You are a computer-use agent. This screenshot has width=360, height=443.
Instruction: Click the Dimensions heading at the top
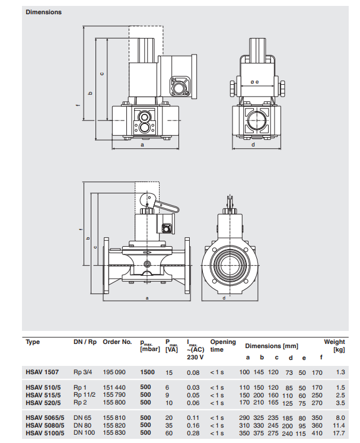(43, 12)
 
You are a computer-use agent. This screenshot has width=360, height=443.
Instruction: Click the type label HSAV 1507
(42, 372)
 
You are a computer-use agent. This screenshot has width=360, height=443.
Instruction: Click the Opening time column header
(222, 345)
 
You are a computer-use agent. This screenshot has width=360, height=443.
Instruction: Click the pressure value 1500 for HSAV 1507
(148, 372)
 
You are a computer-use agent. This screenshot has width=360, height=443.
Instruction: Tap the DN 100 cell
(85, 434)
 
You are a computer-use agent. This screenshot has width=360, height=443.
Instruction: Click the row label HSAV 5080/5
(44, 426)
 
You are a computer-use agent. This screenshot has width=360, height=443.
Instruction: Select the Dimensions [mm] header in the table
(272, 345)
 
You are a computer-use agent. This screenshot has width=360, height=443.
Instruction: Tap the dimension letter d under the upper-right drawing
(253, 144)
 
